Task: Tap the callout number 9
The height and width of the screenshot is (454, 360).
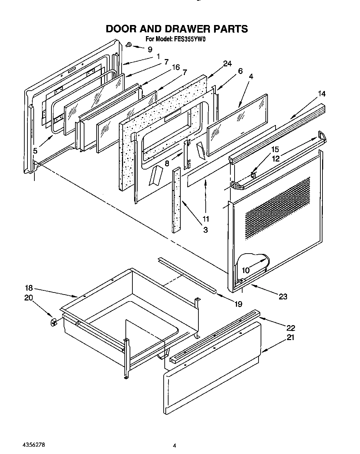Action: coord(150,50)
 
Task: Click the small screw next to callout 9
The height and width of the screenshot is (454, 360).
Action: coord(129,44)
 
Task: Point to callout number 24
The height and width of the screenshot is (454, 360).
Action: coord(227,64)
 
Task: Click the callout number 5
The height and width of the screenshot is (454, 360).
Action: coord(35,151)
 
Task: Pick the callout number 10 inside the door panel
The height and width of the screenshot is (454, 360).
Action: coord(246,270)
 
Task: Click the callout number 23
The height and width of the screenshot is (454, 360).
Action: coord(283,296)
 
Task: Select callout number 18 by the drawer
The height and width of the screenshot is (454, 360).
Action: coord(28,288)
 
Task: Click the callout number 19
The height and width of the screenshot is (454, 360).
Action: coord(238,304)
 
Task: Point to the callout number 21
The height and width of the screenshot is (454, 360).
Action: coord(290,337)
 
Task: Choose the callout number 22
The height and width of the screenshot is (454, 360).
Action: coord(291,328)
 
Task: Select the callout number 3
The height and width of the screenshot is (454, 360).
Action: coord(205,230)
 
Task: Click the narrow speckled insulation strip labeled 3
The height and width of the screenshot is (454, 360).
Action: coord(176,200)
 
